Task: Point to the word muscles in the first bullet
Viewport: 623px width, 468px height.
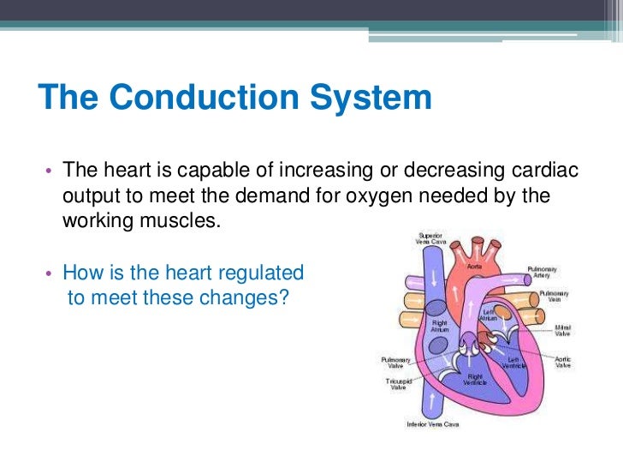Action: pos(176,219)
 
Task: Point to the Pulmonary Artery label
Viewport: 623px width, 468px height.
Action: pos(543,273)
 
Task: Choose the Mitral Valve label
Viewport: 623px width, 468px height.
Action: pos(563,330)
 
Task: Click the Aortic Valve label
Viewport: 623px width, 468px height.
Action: pos(563,362)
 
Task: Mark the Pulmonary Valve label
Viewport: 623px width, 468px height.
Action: pos(395,363)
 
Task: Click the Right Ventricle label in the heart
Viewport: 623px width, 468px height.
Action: pos(475,379)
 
